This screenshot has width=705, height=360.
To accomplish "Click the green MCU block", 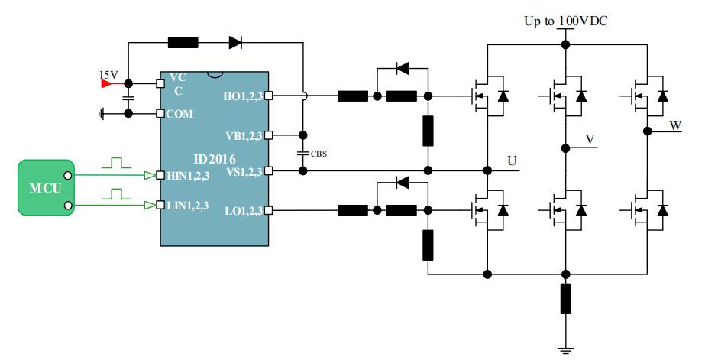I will pos(46,187).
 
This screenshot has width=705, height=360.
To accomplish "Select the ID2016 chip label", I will pos(213,158).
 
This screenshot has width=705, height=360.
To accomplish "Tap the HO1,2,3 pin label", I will pos(238,97).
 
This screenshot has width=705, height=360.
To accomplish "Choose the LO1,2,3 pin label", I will pos(239,209).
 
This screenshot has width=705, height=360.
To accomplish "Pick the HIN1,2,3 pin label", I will pos(188,176).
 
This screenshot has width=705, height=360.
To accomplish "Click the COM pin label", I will pos(182,114).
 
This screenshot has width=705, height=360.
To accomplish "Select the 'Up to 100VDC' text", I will pos(565,21).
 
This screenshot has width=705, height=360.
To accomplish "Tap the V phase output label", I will pos(590,138).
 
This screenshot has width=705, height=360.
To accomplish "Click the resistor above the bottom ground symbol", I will pos(565,299).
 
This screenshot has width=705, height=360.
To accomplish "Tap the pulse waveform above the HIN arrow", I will pos(116,163).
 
